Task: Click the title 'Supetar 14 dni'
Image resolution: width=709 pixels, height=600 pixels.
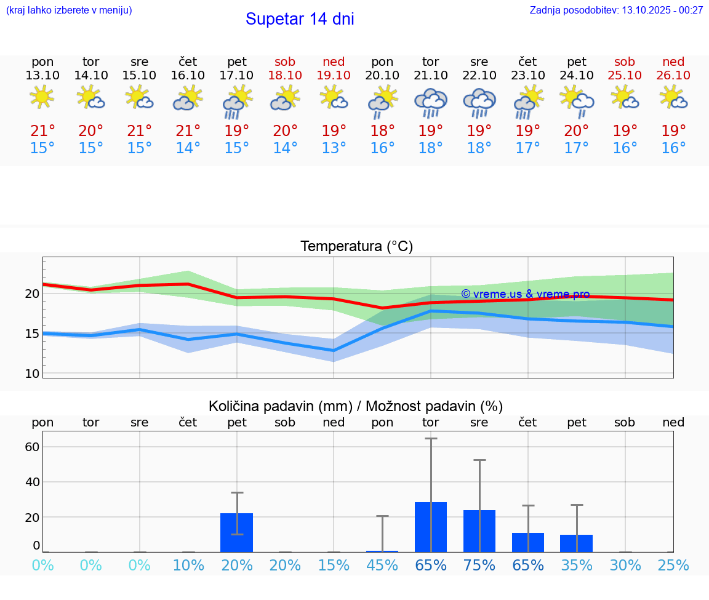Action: coord(300,19)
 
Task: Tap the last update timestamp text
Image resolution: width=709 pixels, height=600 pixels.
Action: coord(616,10)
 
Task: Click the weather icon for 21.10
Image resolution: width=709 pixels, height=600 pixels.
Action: coord(431,102)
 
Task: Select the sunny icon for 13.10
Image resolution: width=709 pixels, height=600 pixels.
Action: coord(42,97)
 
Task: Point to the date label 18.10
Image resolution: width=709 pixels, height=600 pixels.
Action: coord(285,75)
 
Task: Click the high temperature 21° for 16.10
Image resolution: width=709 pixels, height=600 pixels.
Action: coord(188,131)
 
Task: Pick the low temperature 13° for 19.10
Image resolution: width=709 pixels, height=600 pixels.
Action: coord(334,148)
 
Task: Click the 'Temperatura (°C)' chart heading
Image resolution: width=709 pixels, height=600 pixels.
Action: coord(356,246)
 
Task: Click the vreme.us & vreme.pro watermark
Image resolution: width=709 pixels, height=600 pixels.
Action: coord(525,294)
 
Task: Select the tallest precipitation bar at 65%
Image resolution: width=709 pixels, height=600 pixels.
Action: coord(431,527)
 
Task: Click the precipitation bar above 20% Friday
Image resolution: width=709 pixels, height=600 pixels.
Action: coord(237,532)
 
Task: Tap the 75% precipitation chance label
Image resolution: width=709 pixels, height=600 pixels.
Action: coord(479,565)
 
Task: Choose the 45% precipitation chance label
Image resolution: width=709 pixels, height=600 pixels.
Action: coord(382,565)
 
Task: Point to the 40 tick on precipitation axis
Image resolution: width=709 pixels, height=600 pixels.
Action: coord(32,482)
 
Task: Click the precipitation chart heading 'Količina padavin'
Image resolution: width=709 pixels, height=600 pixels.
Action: coord(356,406)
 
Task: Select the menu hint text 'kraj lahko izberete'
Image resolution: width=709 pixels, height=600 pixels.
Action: coord(69,10)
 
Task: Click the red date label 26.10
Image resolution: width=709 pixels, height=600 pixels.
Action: coord(673,75)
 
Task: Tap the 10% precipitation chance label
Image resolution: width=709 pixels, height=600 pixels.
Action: coord(188,565)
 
